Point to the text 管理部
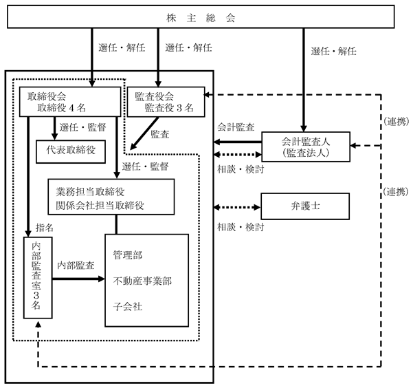pos(128,255)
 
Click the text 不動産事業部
pos(142,281)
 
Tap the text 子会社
pos(128,307)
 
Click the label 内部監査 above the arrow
pos(76,266)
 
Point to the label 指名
pos(44,228)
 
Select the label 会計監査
pos(236,127)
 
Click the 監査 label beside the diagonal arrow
pos(160,134)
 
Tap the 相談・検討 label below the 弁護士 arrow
pos(241,227)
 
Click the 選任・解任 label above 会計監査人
pos(333,51)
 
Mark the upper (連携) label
pos(396,122)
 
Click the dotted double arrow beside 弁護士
pos(237,207)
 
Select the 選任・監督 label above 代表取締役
pos(82,127)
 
